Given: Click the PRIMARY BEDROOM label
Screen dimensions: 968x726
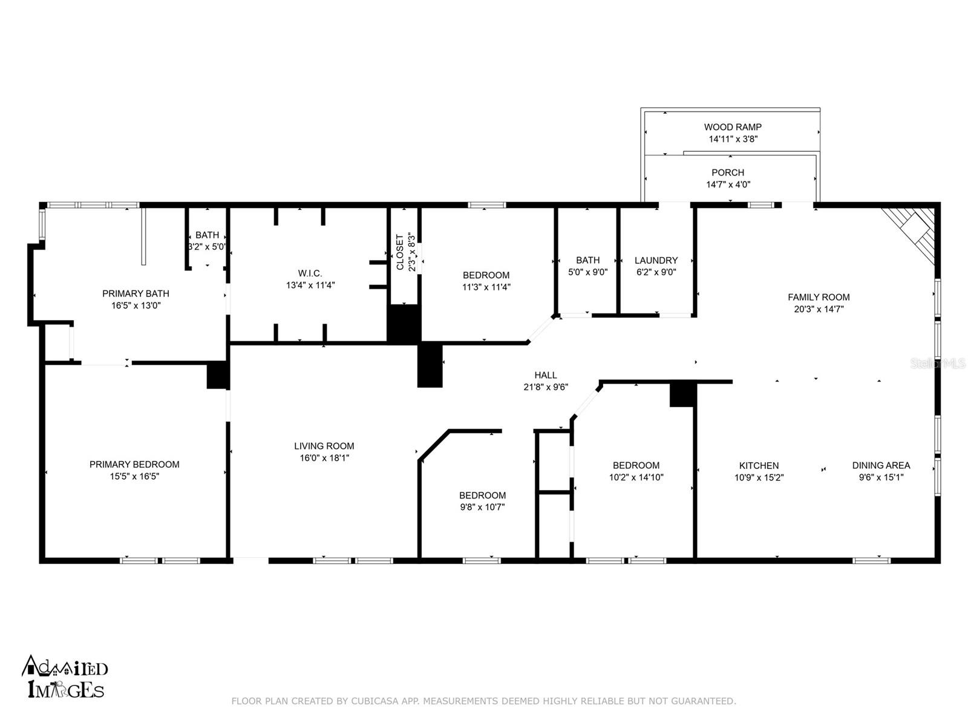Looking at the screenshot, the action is point(134,464).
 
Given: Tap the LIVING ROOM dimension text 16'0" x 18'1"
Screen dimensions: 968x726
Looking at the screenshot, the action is point(324,457).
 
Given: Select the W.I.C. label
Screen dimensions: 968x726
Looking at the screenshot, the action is point(310,273).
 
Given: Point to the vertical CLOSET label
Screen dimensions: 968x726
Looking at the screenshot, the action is point(399,252).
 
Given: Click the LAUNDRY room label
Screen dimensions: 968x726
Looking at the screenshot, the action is point(656,260).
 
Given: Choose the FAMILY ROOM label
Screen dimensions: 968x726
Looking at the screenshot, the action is point(819,297).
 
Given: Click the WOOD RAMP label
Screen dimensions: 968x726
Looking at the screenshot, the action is point(733,127).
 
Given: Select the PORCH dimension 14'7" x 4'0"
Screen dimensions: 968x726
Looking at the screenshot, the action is point(728,185).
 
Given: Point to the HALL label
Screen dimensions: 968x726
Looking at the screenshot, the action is point(546,375).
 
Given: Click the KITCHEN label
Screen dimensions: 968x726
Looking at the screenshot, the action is point(759,465).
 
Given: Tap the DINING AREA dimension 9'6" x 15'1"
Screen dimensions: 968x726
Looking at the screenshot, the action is point(881,477).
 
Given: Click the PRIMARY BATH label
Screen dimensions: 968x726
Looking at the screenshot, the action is point(136,293).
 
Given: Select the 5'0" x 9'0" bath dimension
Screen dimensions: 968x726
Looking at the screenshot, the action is point(587,272).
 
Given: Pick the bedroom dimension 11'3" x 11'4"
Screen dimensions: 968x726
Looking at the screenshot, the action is point(486,287).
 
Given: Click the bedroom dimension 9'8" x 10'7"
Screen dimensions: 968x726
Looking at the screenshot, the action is point(482,507).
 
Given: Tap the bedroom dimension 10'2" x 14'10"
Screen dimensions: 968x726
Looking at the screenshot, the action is point(636,477).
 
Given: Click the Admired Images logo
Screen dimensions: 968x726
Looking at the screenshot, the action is point(65,676).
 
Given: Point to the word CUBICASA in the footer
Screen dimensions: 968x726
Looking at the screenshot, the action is point(375,701).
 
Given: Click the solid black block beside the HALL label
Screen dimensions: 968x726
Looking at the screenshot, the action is point(430,365).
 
